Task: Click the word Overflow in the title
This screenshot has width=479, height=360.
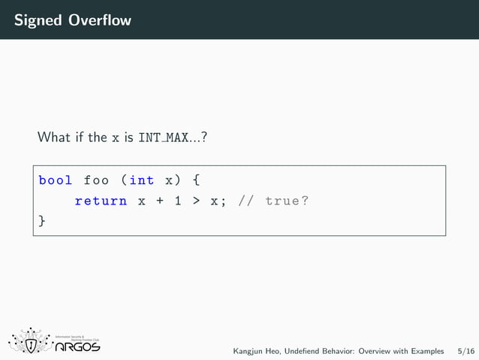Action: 100,20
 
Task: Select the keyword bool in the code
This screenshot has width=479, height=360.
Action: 56,180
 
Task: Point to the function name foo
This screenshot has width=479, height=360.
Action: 96,180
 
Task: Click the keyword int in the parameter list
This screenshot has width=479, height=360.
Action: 142,180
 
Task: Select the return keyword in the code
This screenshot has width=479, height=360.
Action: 101,201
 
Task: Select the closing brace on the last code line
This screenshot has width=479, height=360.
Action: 42,222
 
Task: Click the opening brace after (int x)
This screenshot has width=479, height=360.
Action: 196,180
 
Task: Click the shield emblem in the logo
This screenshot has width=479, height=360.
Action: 32,344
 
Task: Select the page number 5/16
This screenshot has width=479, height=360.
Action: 465,351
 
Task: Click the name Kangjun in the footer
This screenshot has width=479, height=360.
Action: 248,351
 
